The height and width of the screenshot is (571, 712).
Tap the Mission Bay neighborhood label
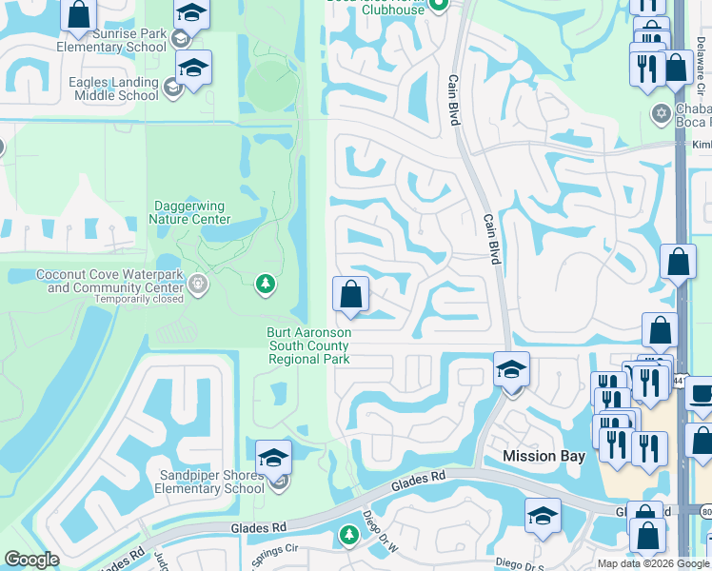(x=544, y=456)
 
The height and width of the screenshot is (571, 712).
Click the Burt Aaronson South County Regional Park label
(x=308, y=345)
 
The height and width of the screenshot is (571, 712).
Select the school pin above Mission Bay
(x=511, y=369)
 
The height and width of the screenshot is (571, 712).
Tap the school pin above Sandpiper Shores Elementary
(x=273, y=457)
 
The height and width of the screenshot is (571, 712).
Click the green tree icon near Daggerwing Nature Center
(x=266, y=284)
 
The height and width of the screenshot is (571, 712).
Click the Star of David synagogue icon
(x=661, y=114)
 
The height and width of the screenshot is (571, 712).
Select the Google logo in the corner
(x=31, y=560)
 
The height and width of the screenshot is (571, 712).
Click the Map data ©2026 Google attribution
(x=653, y=563)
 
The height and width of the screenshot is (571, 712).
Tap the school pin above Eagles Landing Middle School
(x=193, y=69)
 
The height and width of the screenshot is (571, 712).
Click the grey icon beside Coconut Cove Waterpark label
(x=198, y=283)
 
